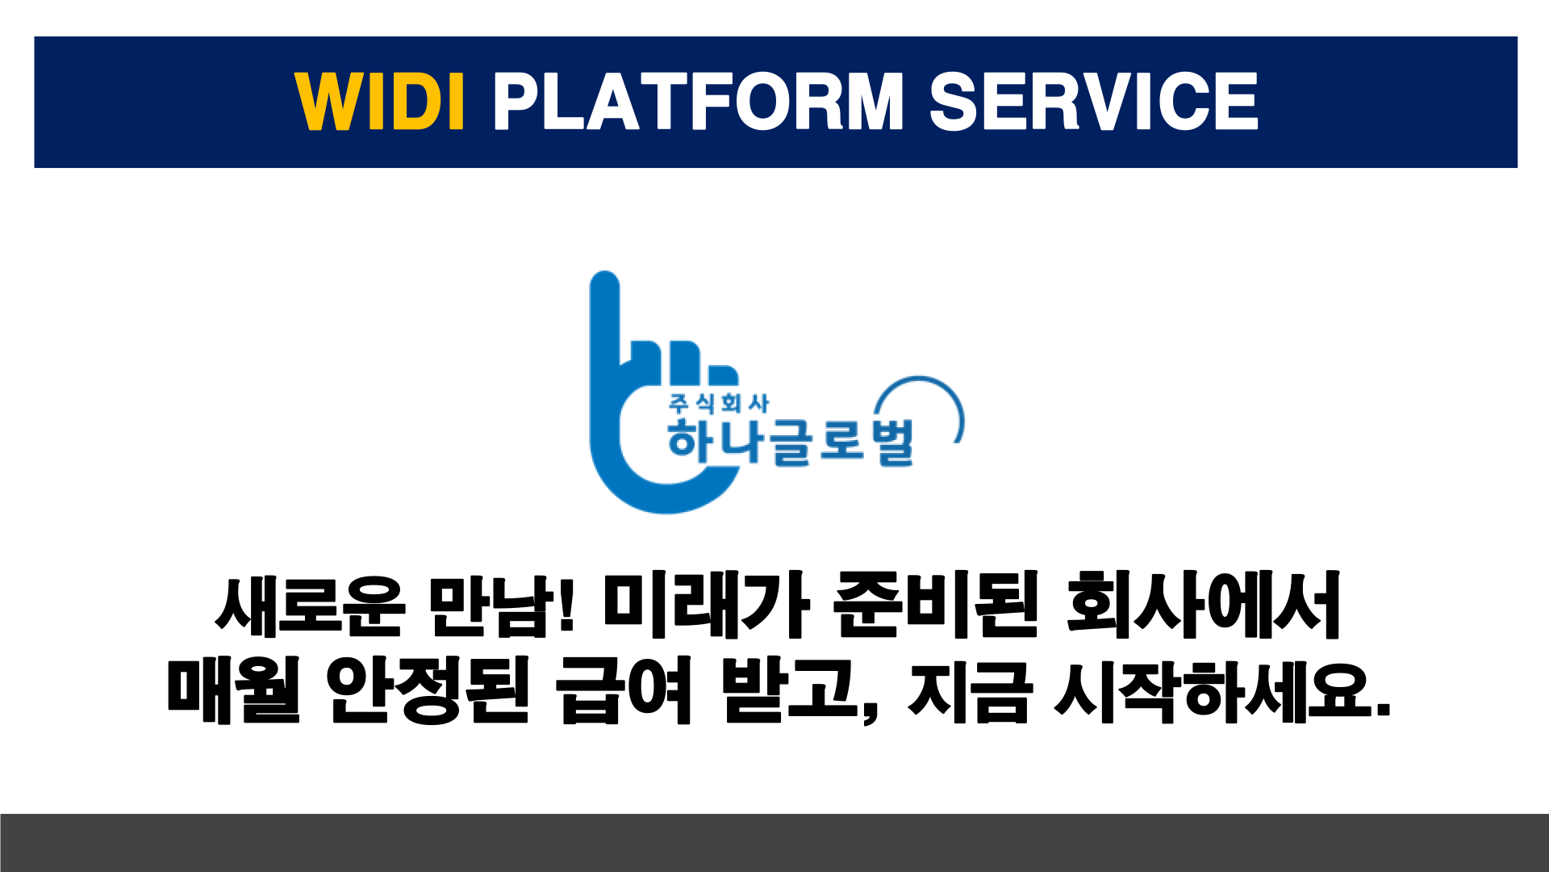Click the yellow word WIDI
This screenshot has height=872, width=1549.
pos(379,101)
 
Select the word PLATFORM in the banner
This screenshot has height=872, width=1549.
pos(698,101)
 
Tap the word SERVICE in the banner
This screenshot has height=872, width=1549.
pos(1094,101)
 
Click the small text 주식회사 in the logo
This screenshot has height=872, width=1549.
pos(719,403)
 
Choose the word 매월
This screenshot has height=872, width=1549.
pos(233,690)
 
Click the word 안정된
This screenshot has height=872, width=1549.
pos(428,690)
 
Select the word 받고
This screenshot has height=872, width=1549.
pos(791,690)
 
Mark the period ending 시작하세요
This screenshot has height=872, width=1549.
pos(1383,710)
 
